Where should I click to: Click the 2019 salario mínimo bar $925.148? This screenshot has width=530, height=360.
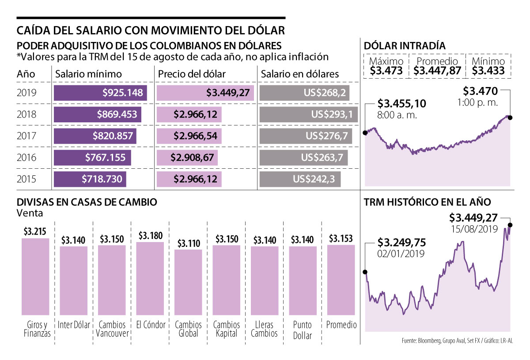[x=100, y=93]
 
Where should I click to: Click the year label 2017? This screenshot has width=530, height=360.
[x=27, y=136]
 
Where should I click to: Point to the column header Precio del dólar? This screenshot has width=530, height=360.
[x=192, y=74]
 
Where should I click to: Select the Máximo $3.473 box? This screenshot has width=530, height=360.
[x=386, y=66]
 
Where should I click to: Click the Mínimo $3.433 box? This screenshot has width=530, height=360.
[x=488, y=66]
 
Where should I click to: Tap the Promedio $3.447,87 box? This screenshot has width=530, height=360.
[x=437, y=66]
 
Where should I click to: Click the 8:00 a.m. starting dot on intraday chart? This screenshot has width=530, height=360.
[x=365, y=133]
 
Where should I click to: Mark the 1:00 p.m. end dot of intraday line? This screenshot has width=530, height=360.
[x=510, y=117]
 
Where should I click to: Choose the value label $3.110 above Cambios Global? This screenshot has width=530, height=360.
[x=188, y=243]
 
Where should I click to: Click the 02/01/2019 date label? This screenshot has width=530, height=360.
[x=401, y=254]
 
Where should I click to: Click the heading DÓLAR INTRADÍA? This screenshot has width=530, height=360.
[x=404, y=45]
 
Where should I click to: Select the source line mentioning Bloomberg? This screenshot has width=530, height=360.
[x=460, y=341]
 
